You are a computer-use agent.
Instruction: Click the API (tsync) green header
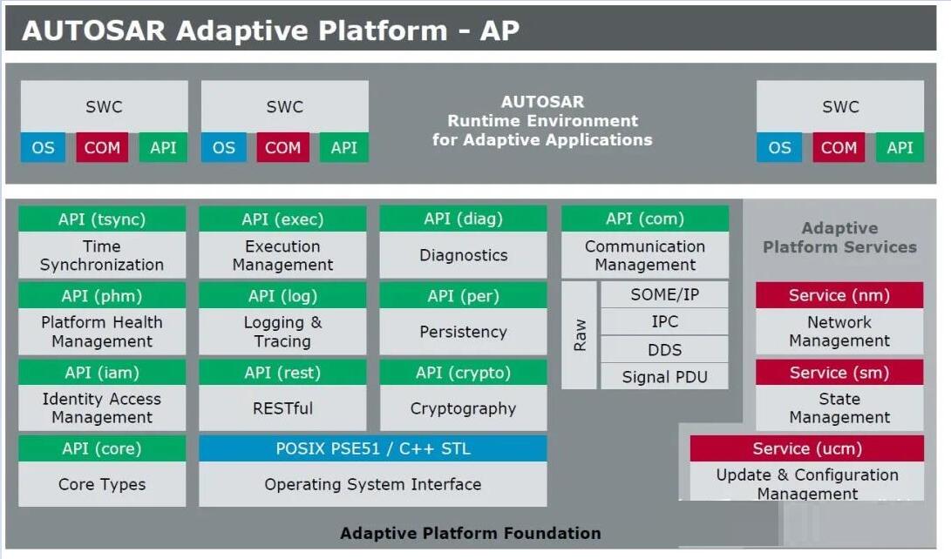[102, 219]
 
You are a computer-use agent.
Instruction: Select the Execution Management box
[282, 256]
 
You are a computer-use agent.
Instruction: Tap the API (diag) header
[464, 219]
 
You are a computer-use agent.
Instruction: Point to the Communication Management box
[645, 256]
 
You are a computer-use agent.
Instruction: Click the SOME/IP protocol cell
[665, 294]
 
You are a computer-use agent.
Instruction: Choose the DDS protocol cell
[665, 349]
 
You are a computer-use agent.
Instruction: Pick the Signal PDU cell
[665, 377]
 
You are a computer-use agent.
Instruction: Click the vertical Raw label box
[579, 335]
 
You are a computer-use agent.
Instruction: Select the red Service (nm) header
[839, 295]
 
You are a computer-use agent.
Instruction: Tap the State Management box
[839, 407]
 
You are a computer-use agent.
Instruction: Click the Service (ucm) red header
[806, 448]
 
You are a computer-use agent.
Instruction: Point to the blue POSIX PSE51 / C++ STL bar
[373, 448]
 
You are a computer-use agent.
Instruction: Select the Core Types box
[102, 484]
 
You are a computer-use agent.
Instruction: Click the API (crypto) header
[464, 373]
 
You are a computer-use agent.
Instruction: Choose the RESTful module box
[282, 408]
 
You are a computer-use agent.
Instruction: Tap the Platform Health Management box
[102, 332]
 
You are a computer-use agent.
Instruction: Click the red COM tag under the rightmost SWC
[839, 147]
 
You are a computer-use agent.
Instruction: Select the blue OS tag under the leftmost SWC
[43, 147]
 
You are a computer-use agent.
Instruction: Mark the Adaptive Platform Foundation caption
[470, 533]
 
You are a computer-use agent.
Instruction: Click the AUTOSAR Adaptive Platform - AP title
[270, 30]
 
